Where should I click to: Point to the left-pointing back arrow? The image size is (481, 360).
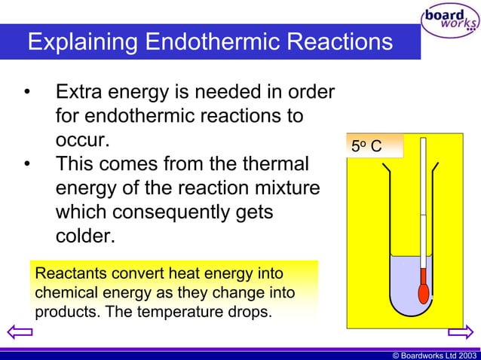coord(17,332)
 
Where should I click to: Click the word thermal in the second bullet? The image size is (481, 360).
coord(271,164)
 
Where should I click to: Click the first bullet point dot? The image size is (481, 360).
coord(27,94)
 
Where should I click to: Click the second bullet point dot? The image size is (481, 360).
coord(27,164)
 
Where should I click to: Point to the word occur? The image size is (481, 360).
coord(83,141)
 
